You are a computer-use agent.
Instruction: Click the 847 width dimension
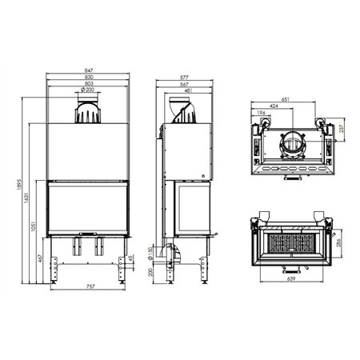click(x=88, y=71)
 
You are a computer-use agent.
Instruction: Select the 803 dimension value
click(x=88, y=84)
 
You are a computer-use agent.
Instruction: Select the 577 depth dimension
click(x=185, y=78)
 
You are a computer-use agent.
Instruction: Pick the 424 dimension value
click(x=275, y=106)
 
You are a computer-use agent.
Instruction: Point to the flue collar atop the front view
click(x=88, y=110)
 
